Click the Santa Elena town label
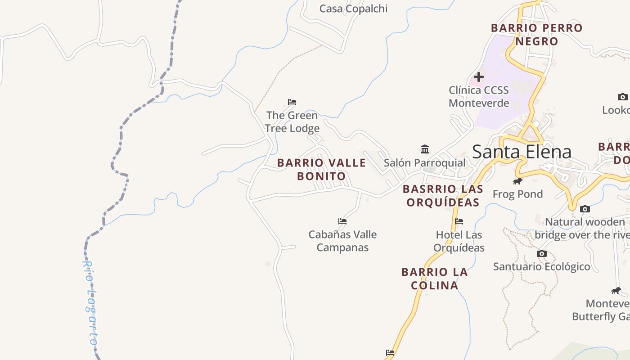(x=522, y=152)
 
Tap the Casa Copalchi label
(x=353, y=9)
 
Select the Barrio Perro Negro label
(x=536, y=35)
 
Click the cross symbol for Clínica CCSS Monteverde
(x=479, y=77)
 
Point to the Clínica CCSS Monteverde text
(x=479, y=96)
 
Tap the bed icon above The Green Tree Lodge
(x=292, y=102)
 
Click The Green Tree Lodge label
(x=292, y=122)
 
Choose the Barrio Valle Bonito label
(x=321, y=169)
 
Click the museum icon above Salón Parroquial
(x=425, y=149)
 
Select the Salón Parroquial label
(x=424, y=162)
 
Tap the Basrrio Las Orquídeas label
(x=443, y=196)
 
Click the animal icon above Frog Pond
(x=517, y=181)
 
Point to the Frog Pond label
(x=517, y=194)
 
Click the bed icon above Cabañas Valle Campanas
(x=342, y=221)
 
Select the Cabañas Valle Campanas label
(x=342, y=241)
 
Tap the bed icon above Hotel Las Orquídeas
(x=459, y=221)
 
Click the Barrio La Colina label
(x=434, y=279)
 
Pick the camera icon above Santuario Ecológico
(x=542, y=253)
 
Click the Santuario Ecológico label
(x=541, y=266)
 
